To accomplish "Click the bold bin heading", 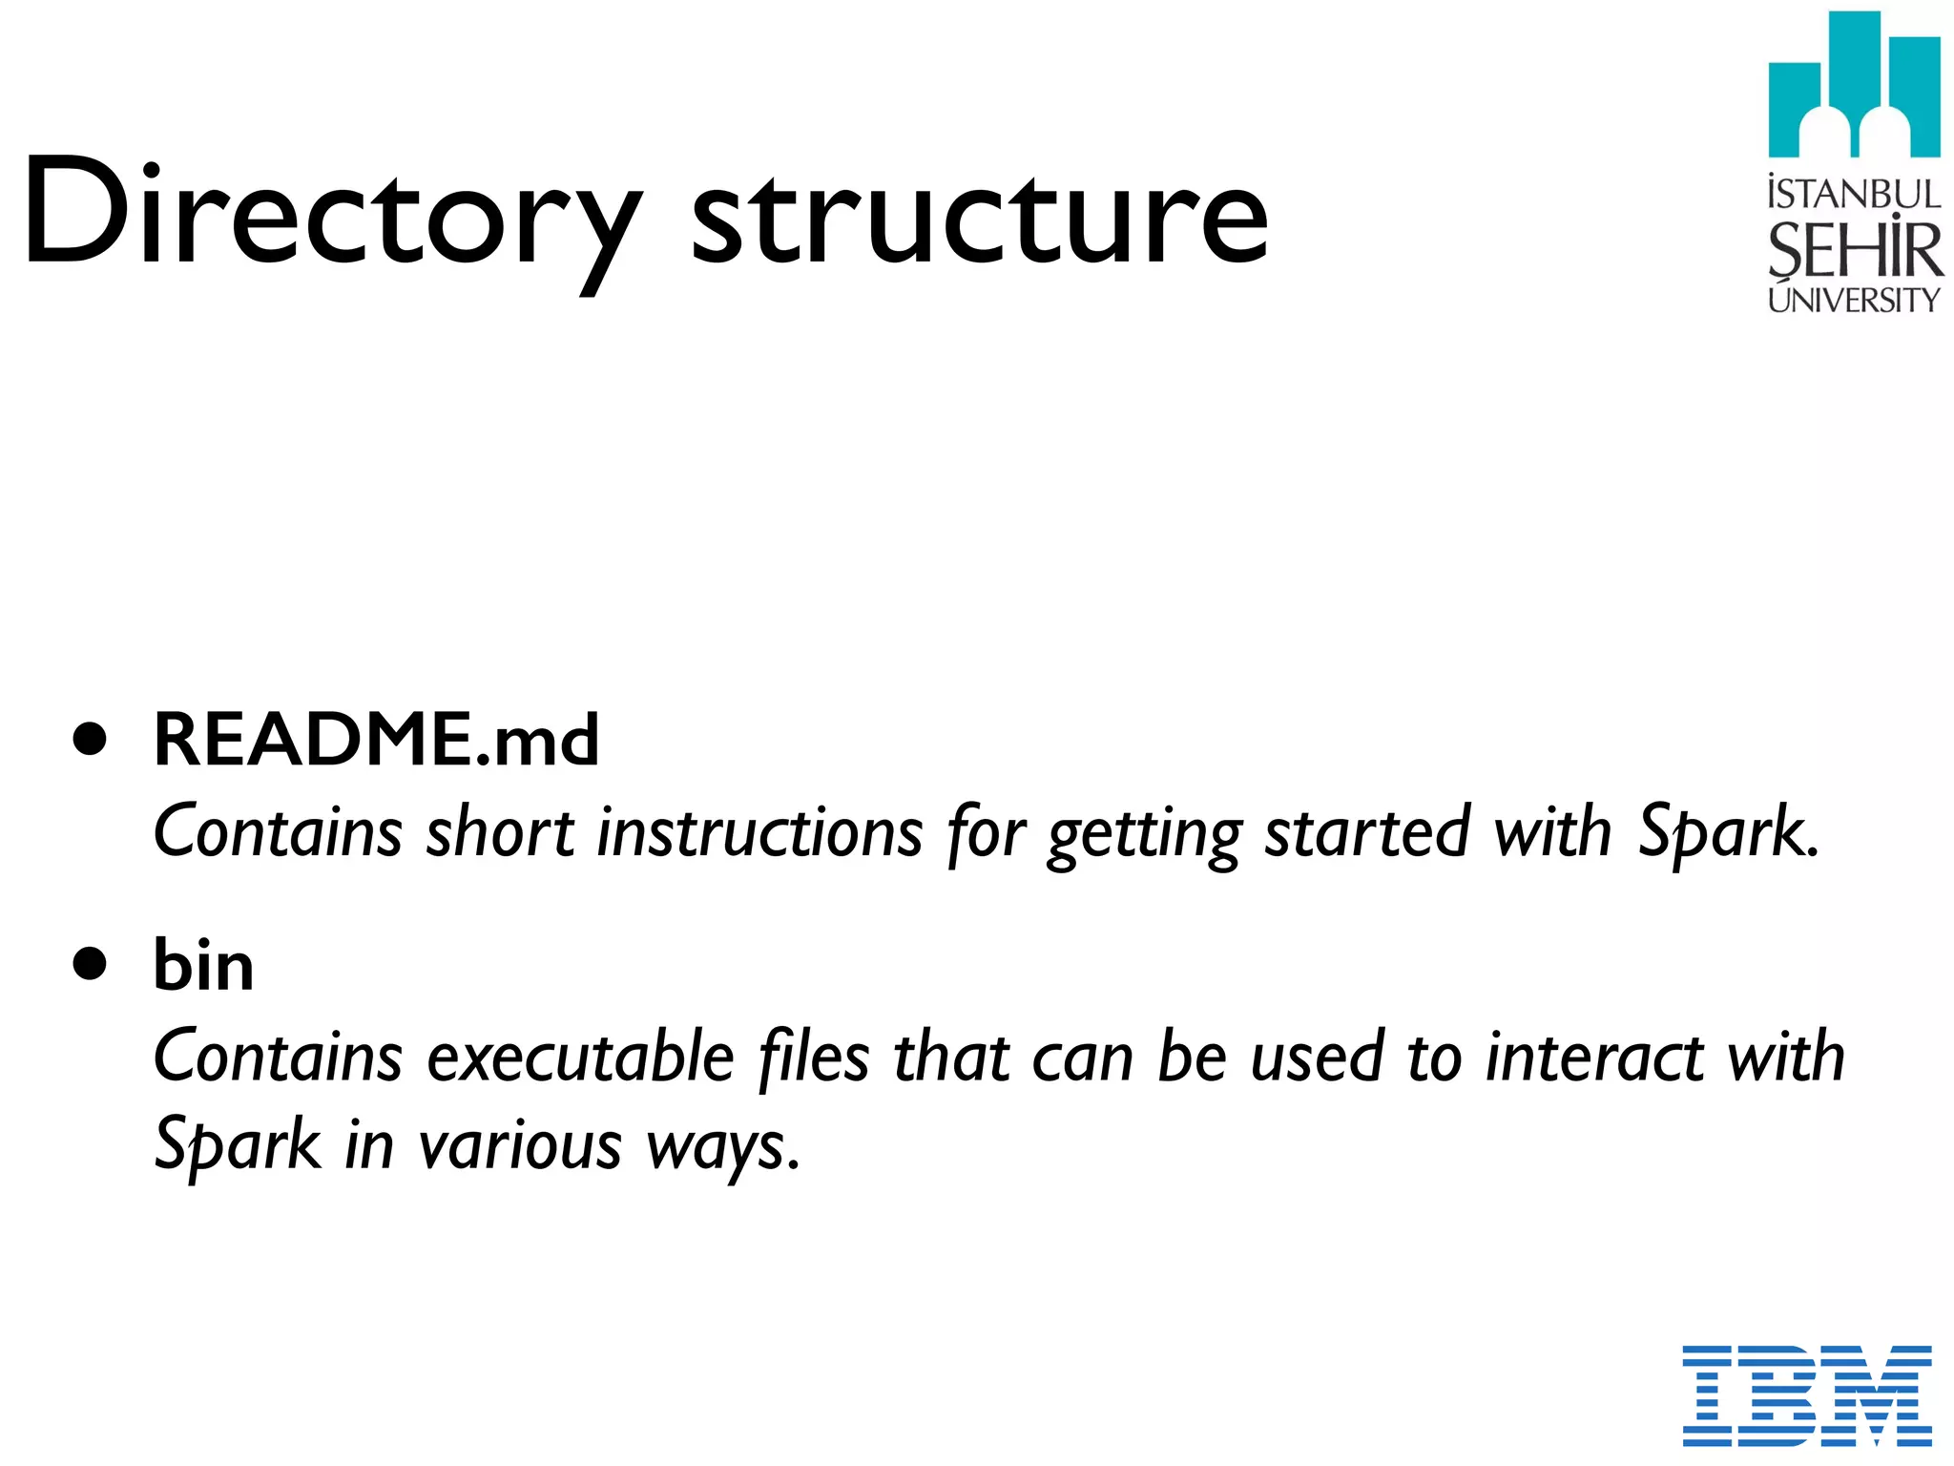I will (x=203, y=965).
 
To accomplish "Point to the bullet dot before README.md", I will (x=91, y=741).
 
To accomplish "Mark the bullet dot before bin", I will (x=91, y=965).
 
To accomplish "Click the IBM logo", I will (x=1807, y=1394).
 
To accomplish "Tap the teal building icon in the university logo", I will (x=1854, y=86).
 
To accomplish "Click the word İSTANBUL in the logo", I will (x=1854, y=194).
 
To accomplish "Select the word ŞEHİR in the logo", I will (x=1854, y=249).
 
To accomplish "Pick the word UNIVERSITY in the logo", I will (x=1854, y=300).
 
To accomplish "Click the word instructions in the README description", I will (x=759, y=832).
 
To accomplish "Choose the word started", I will (x=1367, y=832).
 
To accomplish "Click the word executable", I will (x=580, y=1058).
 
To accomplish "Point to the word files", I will (x=813, y=1058).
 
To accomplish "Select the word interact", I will (x=1596, y=1058).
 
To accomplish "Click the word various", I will (x=520, y=1145).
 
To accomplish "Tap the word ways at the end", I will (x=721, y=1148).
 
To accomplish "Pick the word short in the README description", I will (x=500, y=832).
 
